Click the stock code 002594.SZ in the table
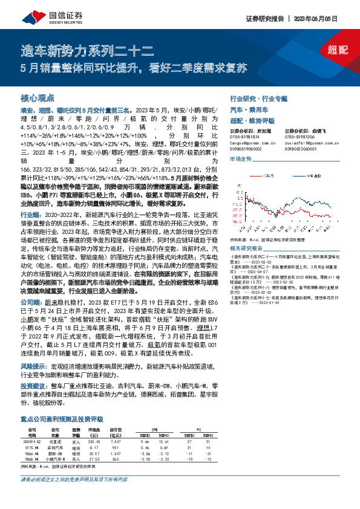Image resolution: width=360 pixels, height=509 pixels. point(30,426)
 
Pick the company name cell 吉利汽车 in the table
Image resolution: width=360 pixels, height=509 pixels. point(54,431)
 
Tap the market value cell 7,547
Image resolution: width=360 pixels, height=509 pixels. point(117,426)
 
